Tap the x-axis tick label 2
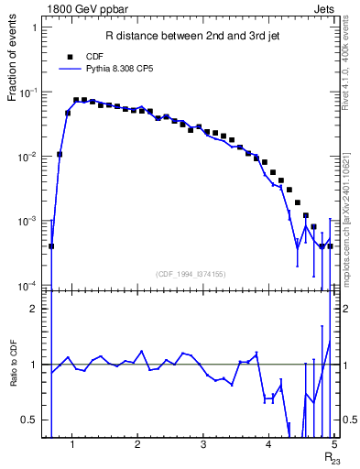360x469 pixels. [x=137, y=446]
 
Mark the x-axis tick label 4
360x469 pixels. [x=268, y=446]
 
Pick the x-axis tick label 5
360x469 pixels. [x=334, y=446]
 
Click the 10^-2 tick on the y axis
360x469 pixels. [x=27, y=158]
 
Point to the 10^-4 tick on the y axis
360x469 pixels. [x=27, y=286]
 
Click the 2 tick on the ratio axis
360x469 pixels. [x=34, y=309]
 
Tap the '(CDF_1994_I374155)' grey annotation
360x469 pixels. [x=191, y=273]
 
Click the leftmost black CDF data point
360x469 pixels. [x=51, y=245]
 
